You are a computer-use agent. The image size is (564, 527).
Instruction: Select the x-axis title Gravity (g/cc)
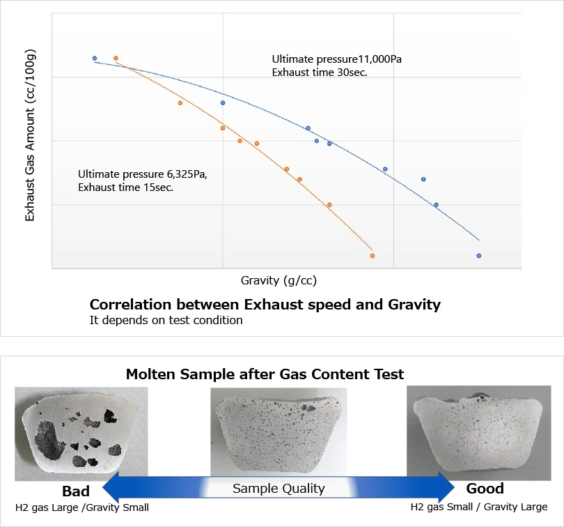279,281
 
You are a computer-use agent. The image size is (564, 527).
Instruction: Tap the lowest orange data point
373,256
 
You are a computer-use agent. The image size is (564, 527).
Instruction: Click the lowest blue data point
479,256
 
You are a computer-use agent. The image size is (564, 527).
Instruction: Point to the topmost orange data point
116,59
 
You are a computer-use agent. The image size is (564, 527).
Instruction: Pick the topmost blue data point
95,59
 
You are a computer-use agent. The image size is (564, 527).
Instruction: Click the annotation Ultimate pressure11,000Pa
336,59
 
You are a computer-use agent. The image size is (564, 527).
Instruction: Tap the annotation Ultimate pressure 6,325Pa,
143,174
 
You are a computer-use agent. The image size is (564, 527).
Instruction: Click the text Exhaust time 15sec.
125,187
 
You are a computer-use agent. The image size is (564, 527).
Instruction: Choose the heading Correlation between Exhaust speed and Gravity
265,305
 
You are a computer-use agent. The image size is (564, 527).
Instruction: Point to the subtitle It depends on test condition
166,321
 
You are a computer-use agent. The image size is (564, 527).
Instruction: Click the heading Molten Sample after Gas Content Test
265,374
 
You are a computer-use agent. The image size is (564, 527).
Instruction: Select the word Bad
76,491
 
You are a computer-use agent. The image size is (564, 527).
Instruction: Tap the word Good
485,488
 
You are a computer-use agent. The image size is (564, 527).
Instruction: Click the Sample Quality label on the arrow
279,488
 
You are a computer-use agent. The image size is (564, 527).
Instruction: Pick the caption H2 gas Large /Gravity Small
82,507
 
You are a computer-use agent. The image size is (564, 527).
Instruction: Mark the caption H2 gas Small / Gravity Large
479,507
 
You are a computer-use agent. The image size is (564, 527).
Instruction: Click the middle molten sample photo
279,429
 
